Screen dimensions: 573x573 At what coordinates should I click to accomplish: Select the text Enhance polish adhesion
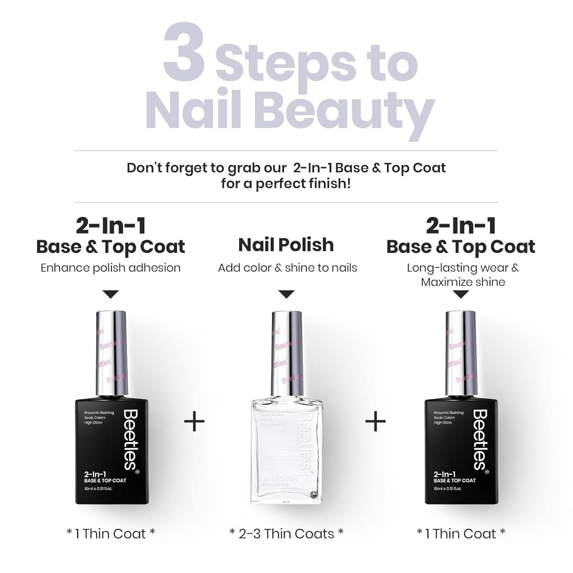(x=110, y=268)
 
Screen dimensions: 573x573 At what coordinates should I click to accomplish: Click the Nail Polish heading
(x=286, y=245)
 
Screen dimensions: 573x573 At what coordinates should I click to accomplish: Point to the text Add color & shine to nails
(x=287, y=268)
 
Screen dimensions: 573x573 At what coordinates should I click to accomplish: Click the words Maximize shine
(x=463, y=282)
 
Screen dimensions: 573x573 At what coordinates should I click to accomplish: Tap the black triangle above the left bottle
(x=111, y=294)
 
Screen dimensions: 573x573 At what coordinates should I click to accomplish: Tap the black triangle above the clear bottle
(x=286, y=294)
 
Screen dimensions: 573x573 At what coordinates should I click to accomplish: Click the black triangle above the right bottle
(x=461, y=294)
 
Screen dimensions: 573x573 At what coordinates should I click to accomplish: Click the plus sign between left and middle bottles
(x=195, y=421)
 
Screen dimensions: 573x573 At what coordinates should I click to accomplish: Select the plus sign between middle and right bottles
(x=376, y=421)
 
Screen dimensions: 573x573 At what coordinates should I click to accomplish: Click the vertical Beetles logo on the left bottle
(x=130, y=439)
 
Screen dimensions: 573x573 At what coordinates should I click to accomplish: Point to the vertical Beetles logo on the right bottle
(x=480, y=439)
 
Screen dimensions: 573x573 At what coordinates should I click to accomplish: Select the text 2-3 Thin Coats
(x=286, y=534)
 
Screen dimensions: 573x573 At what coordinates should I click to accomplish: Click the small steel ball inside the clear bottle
(x=313, y=494)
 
